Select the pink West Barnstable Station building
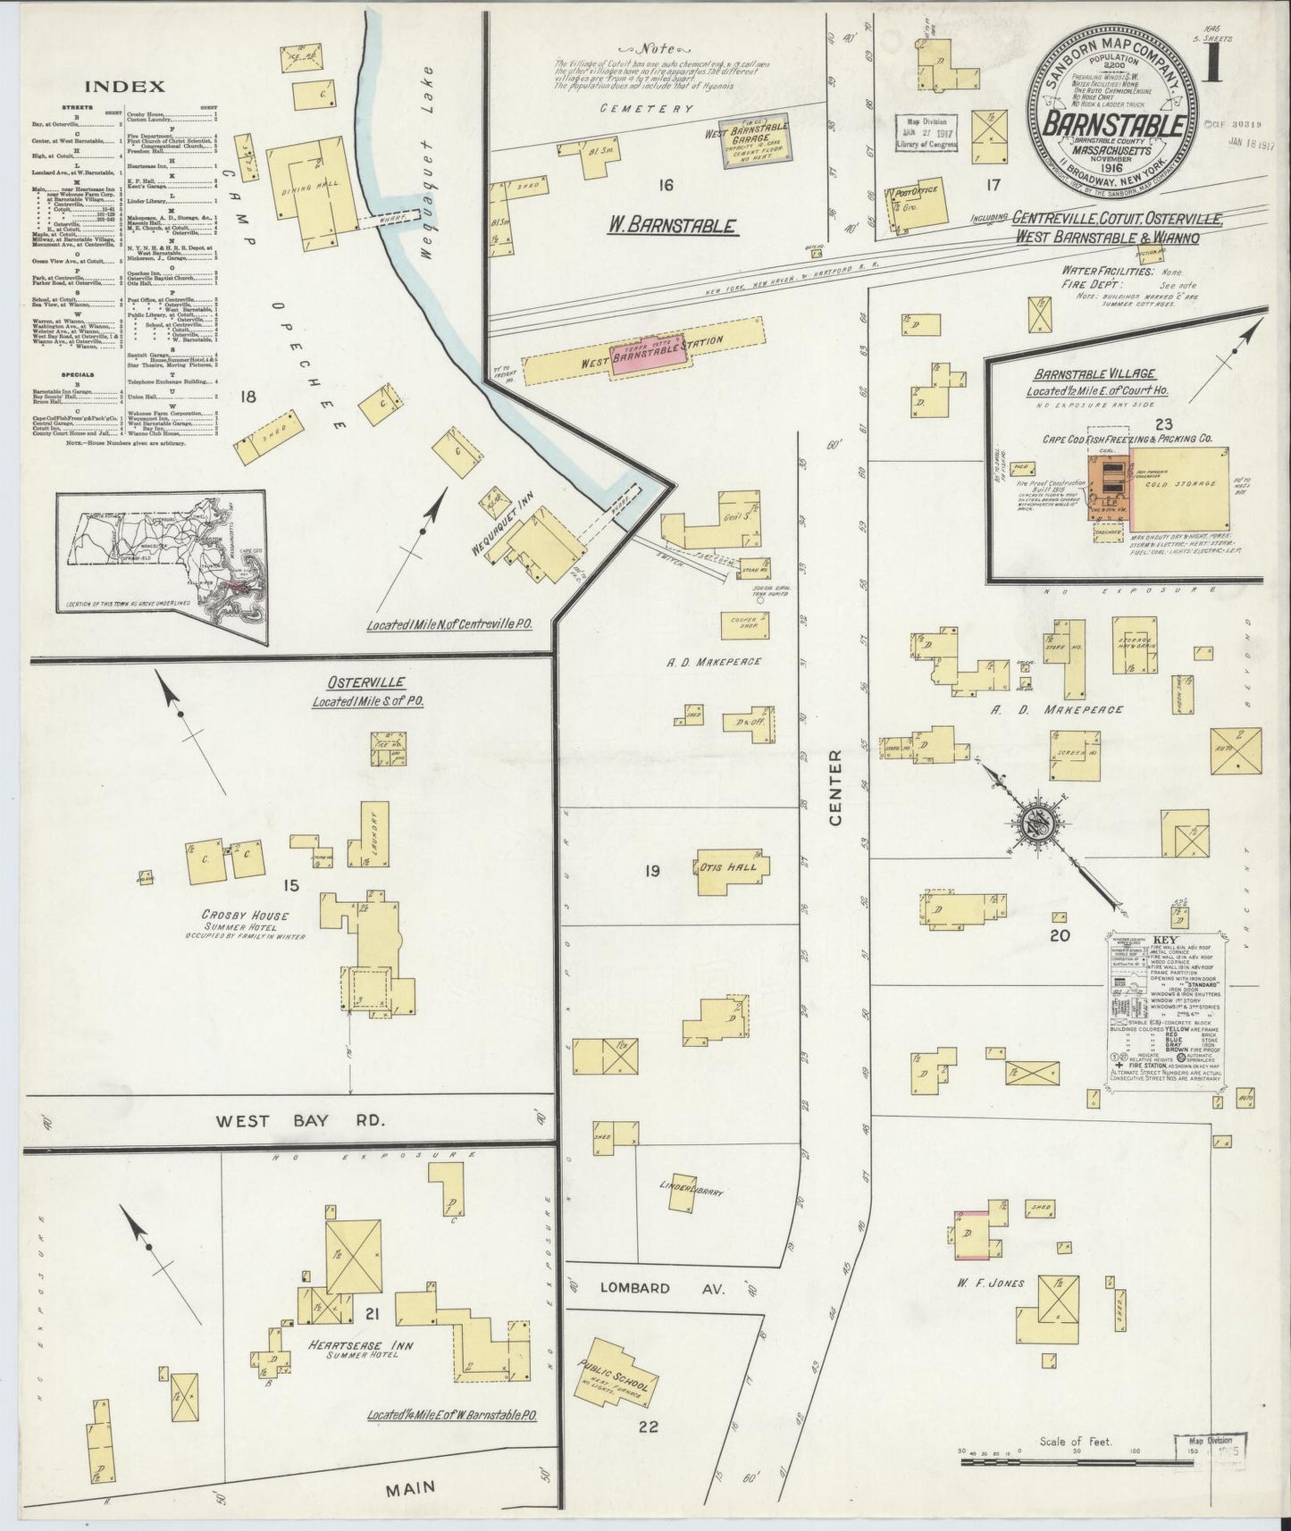649,354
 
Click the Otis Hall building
731,866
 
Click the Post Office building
917,205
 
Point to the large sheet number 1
1212,67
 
